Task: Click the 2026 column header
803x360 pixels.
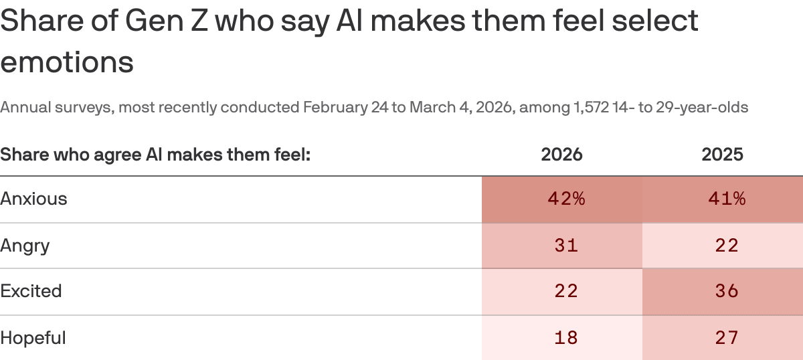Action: pos(561,155)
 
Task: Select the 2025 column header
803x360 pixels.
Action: pos(722,155)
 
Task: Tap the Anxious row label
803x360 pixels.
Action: pos(34,199)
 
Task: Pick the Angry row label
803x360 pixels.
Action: pos(25,246)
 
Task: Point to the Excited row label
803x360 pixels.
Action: pos(31,291)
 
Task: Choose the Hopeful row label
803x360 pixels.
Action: pos(33,337)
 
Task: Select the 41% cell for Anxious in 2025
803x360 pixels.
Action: pos(722,199)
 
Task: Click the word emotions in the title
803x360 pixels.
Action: pos(67,62)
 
